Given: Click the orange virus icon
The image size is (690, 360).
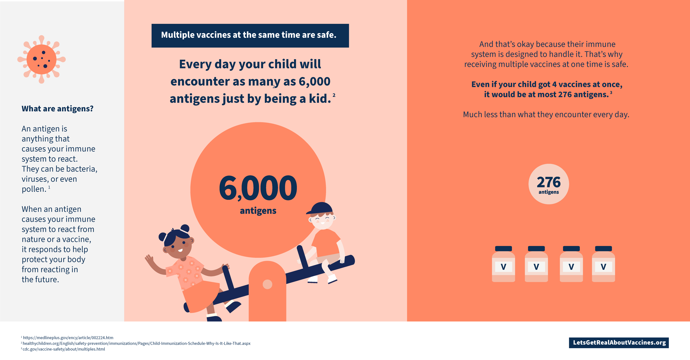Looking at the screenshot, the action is point(42,59).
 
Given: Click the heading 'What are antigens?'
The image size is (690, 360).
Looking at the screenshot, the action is point(58,108).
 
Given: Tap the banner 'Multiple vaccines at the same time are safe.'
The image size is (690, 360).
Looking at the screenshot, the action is point(250,36).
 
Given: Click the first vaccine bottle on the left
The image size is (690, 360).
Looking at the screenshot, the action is point(504,264).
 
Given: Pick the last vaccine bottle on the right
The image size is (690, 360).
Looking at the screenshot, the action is point(603,264).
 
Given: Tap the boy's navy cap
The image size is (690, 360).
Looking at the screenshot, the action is point(320,208).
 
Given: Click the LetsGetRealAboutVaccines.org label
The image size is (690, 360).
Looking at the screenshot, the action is point(619,343).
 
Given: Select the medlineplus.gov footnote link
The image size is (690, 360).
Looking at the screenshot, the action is point(68,337).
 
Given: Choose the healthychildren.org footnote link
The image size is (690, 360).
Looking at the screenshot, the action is point(137,343).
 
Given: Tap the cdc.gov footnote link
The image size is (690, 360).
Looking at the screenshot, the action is point(64,349).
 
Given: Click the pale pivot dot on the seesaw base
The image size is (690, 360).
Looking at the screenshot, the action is point(267,284).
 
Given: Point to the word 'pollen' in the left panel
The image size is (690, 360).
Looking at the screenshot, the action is point(34,189).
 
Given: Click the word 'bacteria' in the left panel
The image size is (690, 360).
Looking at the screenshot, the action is point(81,169).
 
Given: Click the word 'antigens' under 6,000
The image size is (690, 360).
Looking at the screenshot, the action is point(258,211).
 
